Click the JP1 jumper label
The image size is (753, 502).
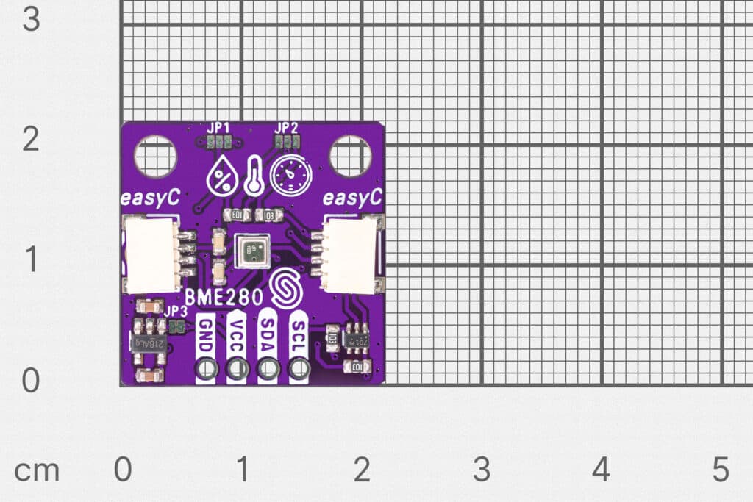[218, 127]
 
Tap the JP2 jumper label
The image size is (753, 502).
[287, 127]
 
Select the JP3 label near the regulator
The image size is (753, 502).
[176, 312]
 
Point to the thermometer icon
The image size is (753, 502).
[254, 175]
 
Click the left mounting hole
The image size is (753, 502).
[155, 157]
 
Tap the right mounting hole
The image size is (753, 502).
[350, 157]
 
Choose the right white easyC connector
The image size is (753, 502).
[351, 254]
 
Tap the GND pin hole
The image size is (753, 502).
[206, 368]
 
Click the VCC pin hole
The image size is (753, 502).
[237, 368]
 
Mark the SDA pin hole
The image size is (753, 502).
[268, 368]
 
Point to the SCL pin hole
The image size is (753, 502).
[299, 368]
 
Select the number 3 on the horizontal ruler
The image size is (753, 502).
[481, 470]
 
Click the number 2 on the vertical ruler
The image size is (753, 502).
[30, 139]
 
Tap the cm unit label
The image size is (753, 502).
[37, 470]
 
